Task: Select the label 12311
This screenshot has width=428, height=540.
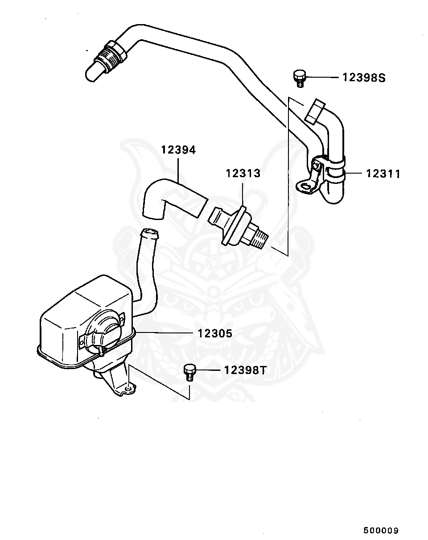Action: click(383, 174)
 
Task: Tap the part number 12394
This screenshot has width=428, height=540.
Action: click(178, 150)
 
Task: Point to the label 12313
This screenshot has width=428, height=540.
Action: click(243, 173)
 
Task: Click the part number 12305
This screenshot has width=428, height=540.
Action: click(215, 333)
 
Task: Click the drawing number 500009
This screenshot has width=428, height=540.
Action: click(380, 531)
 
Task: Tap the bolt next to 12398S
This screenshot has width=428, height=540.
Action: click(300, 78)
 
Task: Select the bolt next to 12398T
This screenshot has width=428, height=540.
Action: click(189, 371)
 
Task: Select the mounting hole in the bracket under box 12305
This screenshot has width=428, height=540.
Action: click(129, 390)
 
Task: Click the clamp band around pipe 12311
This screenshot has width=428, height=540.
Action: click(334, 170)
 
